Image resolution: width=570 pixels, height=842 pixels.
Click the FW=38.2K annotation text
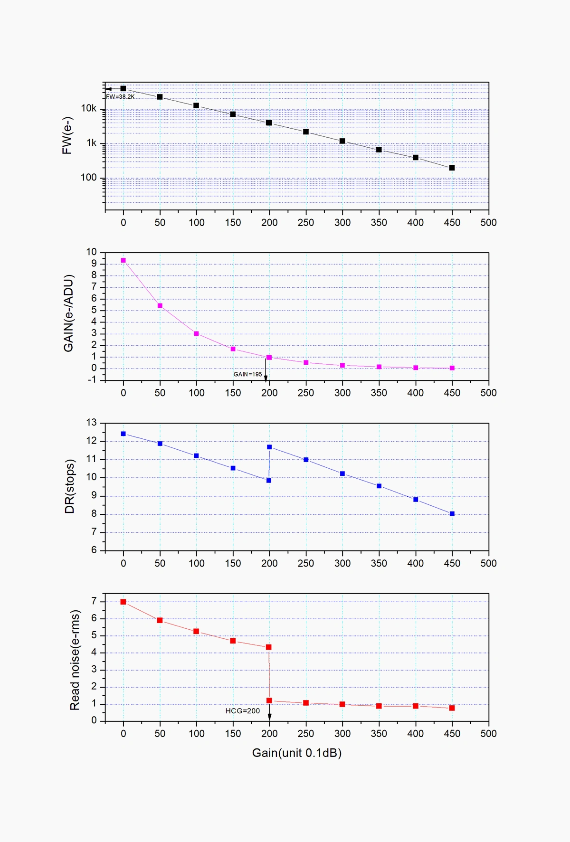(120, 97)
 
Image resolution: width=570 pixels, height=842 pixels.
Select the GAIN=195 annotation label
(247, 374)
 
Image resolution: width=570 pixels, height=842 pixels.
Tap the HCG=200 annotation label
(242, 711)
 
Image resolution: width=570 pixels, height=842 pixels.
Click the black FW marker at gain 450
(452, 168)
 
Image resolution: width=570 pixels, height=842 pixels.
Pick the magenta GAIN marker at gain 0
(123, 260)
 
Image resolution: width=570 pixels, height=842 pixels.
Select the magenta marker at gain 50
(160, 306)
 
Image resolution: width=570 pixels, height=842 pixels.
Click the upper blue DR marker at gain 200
(269, 447)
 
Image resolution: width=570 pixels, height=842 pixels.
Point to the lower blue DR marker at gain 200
(269, 481)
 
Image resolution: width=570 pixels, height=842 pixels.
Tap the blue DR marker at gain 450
(452, 514)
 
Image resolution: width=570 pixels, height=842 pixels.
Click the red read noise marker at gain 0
(123, 602)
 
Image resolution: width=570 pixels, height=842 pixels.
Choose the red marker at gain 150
(233, 641)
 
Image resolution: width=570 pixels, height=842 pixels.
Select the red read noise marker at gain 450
(452, 708)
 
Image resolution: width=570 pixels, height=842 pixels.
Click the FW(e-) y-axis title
(67, 136)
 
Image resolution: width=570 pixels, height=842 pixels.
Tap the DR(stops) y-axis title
(70, 486)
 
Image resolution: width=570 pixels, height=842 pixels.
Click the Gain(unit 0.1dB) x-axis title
(297, 753)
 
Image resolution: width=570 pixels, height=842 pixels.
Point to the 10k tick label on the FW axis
(88, 109)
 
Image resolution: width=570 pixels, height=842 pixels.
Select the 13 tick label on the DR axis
(91, 422)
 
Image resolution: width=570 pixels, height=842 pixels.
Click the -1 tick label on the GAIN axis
(91, 379)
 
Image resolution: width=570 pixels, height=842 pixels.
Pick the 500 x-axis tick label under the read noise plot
(488, 734)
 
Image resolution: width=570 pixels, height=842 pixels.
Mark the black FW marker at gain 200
(269, 123)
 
